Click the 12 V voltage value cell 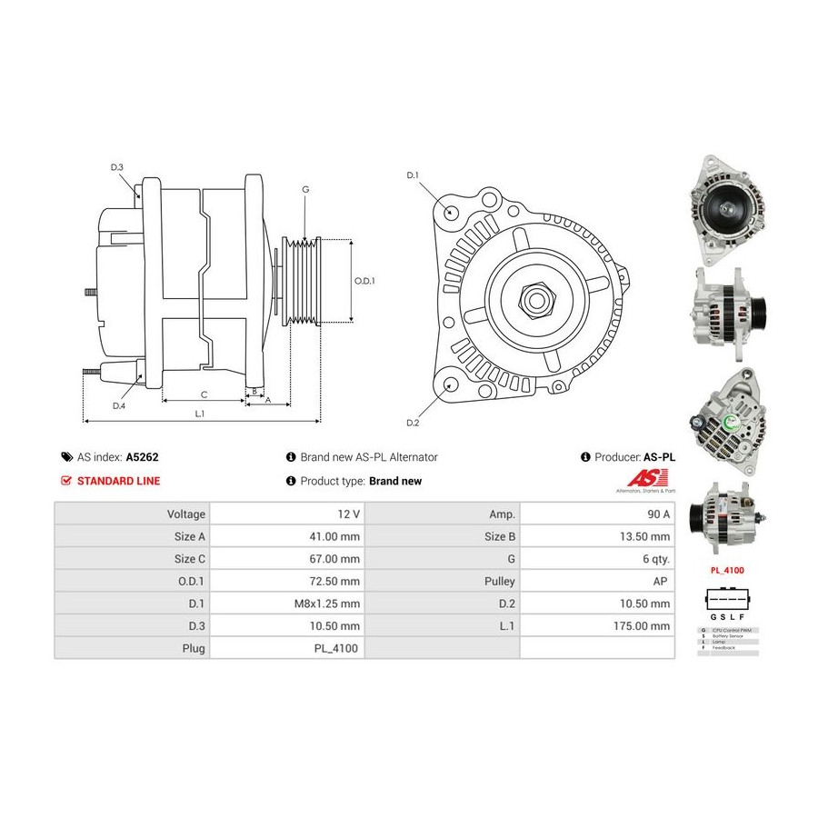(x=348, y=514)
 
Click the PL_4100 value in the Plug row (x=338, y=648)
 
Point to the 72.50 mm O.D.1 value (x=336, y=581)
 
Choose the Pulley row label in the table (x=501, y=581)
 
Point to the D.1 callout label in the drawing (x=413, y=175)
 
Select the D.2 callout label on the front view (x=413, y=423)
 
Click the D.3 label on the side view (x=117, y=167)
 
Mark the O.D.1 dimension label (x=364, y=281)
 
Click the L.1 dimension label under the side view (x=200, y=414)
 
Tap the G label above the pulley (x=305, y=189)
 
